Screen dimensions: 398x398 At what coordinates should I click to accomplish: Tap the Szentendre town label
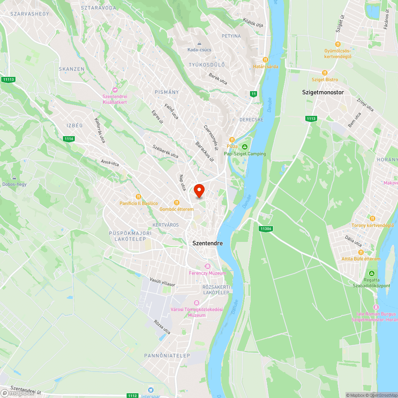(x=207, y=243)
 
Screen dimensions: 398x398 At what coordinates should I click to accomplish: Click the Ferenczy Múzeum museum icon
(x=207, y=266)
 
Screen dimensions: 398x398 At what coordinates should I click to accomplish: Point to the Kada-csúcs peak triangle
(x=199, y=43)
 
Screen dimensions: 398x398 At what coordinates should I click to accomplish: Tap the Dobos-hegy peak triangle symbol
(x=14, y=178)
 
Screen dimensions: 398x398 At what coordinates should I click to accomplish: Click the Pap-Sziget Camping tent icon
(x=245, y=147)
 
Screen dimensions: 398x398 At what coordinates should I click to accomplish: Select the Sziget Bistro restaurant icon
(x=324, y=73)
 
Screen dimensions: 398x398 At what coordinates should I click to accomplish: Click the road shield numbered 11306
(x=265, y=228)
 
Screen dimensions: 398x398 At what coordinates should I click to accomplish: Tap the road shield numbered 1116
(x=69, y=139)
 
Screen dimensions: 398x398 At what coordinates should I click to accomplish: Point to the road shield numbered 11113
(x=8, y=80)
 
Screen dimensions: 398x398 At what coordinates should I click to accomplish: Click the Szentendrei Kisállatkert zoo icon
(x=115, y=90)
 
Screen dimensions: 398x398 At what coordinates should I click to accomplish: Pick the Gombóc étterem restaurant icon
(x=177, y=203)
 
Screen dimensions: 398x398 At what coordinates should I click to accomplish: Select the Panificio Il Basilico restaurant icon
(x=139, y=197)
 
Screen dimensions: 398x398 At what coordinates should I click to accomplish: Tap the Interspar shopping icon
(x=150, y=390)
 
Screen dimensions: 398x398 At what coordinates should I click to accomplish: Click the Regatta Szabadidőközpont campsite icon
(x=371, y=273)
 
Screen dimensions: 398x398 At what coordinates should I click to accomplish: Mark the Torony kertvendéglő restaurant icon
(x=373, y=219)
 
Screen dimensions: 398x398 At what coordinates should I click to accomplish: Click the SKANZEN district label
(x=72, y=69)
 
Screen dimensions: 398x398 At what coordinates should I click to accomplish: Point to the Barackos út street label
(x=205, y=152)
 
